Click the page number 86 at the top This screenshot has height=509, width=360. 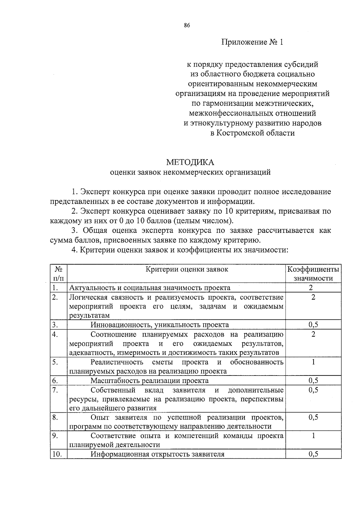(187, 25)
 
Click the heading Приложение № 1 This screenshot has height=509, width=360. (252, 42)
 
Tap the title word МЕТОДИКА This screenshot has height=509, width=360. (190, 162)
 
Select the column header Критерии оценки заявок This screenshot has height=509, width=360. (187, 269)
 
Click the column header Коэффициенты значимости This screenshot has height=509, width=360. (313, 274)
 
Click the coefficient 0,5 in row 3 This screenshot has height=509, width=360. (313, 325)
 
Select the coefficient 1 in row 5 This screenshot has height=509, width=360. (313, 362)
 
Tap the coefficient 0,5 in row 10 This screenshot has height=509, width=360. (313, 454)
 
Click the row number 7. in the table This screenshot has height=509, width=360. (55, 390)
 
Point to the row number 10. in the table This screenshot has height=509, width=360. (57, 454)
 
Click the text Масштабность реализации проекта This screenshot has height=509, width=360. (149, 381)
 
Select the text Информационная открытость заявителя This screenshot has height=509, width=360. (157, 454)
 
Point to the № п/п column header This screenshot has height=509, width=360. (58, 274)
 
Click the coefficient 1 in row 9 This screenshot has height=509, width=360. (313, 436)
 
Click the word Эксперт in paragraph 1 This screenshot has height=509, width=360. (95, 192)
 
